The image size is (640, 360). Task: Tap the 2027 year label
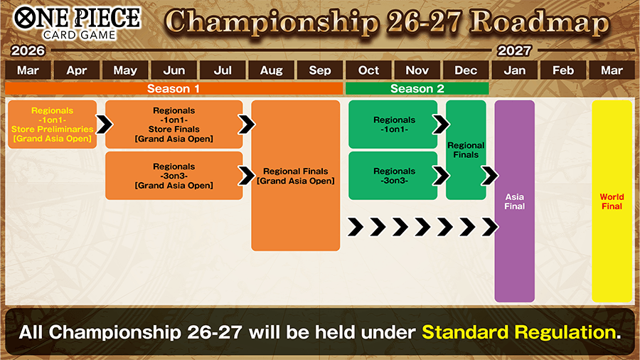click(x=514, y=51)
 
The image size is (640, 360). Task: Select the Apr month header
click(x=76, y=70)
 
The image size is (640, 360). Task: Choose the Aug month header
click(x=271, y=70)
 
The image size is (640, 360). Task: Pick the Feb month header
click(x=562, y=70)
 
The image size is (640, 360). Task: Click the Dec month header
click(x=466, y=70)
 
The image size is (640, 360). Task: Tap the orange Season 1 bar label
click(x=174, y=89)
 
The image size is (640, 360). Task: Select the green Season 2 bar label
click(x=417, y=89)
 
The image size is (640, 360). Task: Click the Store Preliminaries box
click(x=52, y=125)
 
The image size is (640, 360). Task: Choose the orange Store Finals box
click(x=174, y=125)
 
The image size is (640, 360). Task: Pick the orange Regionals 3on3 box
click(x=174, y=176)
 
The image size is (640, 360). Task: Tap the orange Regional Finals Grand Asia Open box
click(x=295, y=176)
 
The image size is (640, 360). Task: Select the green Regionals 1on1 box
click(x=393, y=125)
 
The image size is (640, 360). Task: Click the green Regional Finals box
click(x=466, y=150)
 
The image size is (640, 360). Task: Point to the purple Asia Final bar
click(x=514, y=201)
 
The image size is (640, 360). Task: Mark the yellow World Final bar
click(x=612, y=201)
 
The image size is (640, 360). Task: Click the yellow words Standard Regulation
click(x=517, y=332)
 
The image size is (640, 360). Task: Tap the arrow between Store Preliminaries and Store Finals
click(x=104, y=125)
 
